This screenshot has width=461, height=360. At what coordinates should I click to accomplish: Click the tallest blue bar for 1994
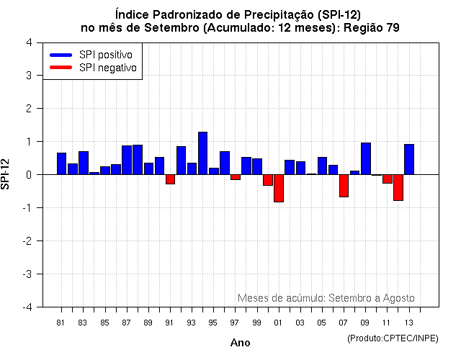[203, 153]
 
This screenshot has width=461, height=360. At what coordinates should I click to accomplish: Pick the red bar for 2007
[344, 186]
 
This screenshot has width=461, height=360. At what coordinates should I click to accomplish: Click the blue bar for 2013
[409, 159]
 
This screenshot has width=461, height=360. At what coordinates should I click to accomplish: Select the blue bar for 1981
[62, 163]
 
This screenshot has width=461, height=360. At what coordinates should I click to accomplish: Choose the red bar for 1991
[171, 179]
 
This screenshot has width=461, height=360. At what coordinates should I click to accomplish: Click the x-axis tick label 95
[212, 322]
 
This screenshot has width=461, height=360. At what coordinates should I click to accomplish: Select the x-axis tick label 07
[343, 322]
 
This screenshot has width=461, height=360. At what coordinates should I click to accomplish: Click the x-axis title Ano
[240, 343]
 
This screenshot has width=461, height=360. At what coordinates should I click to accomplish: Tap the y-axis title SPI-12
[6, 174]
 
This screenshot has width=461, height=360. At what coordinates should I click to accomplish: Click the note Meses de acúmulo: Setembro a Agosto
[326, 298]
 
